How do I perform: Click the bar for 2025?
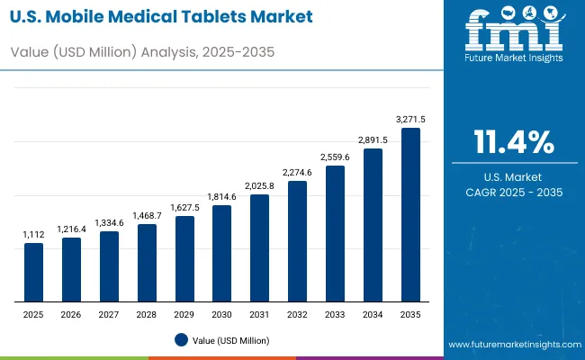click(33, 272)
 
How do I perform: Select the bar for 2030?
click(221, 253)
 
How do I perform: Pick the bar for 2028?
click(147, 262)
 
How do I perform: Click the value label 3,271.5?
click(410, 119)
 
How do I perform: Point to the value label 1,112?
click(33, 234)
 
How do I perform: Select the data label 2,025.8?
click(259, 185)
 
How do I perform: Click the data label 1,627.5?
click(184, 207)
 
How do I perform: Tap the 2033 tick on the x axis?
click(335, 314)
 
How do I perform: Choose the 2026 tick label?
click(71, 314)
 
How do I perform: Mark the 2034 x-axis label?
click(373, 314)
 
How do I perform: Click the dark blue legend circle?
click(181, 339)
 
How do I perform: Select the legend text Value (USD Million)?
click(230, 340)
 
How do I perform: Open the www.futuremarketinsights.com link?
click(510, 345)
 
